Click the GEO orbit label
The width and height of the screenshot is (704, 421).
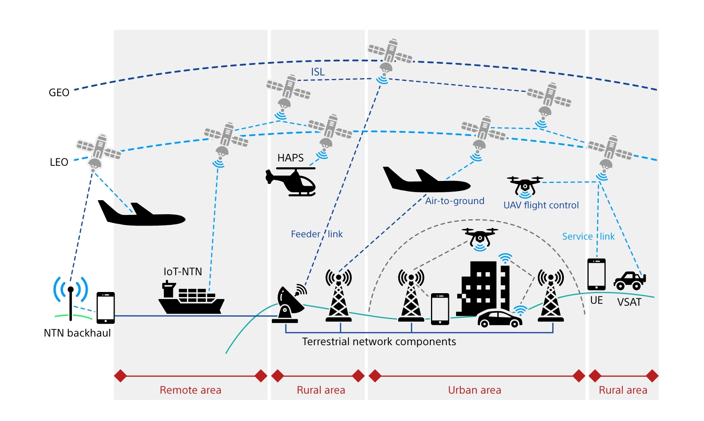tap(59, 93)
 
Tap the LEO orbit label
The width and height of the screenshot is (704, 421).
tap(59, 162)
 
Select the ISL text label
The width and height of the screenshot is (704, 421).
tap(318, 72)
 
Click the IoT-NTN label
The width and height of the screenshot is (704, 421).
tap(183, 272)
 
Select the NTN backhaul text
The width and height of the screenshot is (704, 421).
tap(77, 333)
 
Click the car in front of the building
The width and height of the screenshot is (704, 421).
tap(499, 319)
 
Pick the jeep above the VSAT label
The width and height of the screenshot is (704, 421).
tap(629, 281)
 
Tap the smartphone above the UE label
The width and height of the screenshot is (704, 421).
tap(596, 274)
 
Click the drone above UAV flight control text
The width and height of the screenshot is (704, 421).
tap(525, 185)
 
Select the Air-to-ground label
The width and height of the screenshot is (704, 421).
tap(454, 201)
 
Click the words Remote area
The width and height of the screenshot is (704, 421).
tap(190, 390)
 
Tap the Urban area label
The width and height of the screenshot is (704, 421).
tap(474, 390)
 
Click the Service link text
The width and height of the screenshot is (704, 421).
tap(588, 236)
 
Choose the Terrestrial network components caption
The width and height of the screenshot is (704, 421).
tap(379, 342)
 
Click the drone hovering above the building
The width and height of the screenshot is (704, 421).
tap(480, 236)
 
